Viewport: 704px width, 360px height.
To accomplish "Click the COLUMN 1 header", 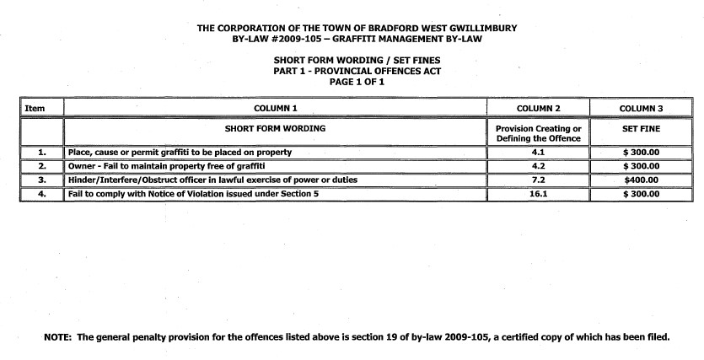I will pos(277,108).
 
